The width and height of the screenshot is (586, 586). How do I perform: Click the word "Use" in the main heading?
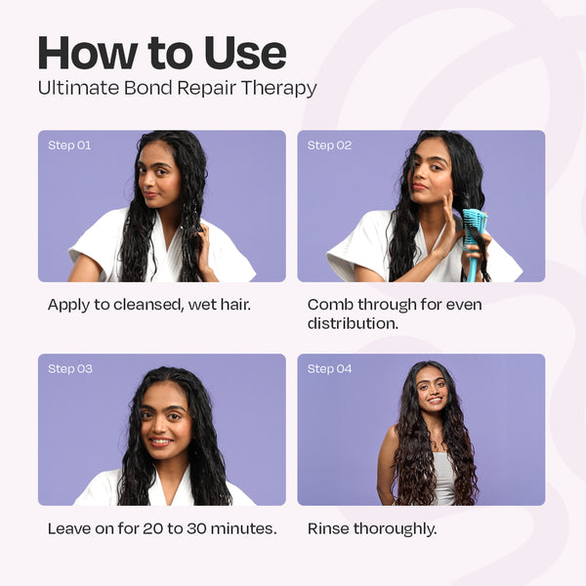click(245, 53)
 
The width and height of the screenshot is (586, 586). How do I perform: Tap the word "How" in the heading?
click(88, 53)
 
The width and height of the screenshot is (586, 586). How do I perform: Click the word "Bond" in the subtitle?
click(148, 88)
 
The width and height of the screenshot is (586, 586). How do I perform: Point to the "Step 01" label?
click(69, 146)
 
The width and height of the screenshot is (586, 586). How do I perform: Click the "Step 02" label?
click(329, 146)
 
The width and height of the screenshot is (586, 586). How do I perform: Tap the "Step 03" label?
click(70, 369)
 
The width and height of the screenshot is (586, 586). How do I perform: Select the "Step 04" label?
click(330, 369)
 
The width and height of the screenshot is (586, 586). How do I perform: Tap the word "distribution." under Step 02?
click(353, 323)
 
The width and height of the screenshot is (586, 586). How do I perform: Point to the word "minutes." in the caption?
click(243, 528)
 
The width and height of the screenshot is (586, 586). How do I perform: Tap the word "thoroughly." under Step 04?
click(395, 529)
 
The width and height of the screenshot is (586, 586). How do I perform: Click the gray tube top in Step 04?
click(444, 479)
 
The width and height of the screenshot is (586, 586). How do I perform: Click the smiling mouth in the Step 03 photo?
click(161, 441)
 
